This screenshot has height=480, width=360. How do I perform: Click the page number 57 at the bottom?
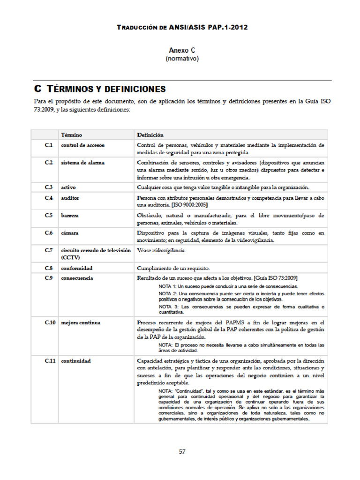pos(182,452)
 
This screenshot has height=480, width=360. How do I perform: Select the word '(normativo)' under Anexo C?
pos(182,59)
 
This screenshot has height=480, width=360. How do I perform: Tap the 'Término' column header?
pos(71,135)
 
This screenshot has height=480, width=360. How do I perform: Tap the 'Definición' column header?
pos(150,135)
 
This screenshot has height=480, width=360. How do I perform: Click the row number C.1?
pos(49,145)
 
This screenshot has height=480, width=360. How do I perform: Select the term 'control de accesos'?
pos(82,145)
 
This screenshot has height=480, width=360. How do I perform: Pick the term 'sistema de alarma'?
pos(82,163)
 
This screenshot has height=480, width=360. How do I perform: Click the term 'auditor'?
pos(70,198)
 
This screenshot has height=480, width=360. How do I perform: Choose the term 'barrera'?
pos(70,216)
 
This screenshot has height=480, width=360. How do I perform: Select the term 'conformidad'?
pos(76,268)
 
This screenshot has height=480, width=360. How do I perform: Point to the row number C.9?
pos(49,278)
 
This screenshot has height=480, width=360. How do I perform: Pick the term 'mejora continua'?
pos(80,322)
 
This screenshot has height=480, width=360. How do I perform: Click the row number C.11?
pos(50,361)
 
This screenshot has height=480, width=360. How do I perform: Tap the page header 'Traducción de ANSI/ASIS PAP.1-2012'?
pos(182,27)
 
